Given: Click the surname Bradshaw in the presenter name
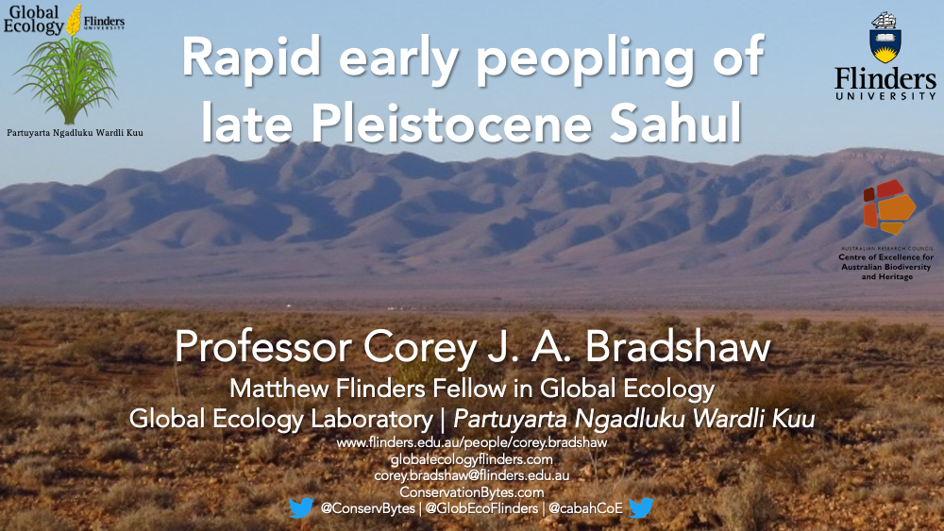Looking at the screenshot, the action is point(678,347).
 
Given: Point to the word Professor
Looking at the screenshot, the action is point(263,347).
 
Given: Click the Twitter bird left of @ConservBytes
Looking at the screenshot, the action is point(301,508).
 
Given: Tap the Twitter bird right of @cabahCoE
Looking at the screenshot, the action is point(641,508).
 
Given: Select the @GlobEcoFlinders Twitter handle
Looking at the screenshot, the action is point(481,508).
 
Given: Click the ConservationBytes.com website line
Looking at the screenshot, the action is point(471,492).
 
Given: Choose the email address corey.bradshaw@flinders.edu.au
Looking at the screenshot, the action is point(471,475).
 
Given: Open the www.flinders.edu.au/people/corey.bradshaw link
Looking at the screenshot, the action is point(471,442).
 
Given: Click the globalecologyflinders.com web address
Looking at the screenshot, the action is point(471,459).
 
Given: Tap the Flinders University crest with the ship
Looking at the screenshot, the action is point(885,38).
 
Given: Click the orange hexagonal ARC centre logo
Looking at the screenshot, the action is point(889,207).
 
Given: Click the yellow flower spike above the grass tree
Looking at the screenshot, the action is point(74,20).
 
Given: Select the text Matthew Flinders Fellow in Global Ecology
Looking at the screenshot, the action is point(472,389).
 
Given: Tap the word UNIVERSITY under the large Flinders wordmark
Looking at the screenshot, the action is point(885,95).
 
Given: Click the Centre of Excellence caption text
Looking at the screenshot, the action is point(886,266).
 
